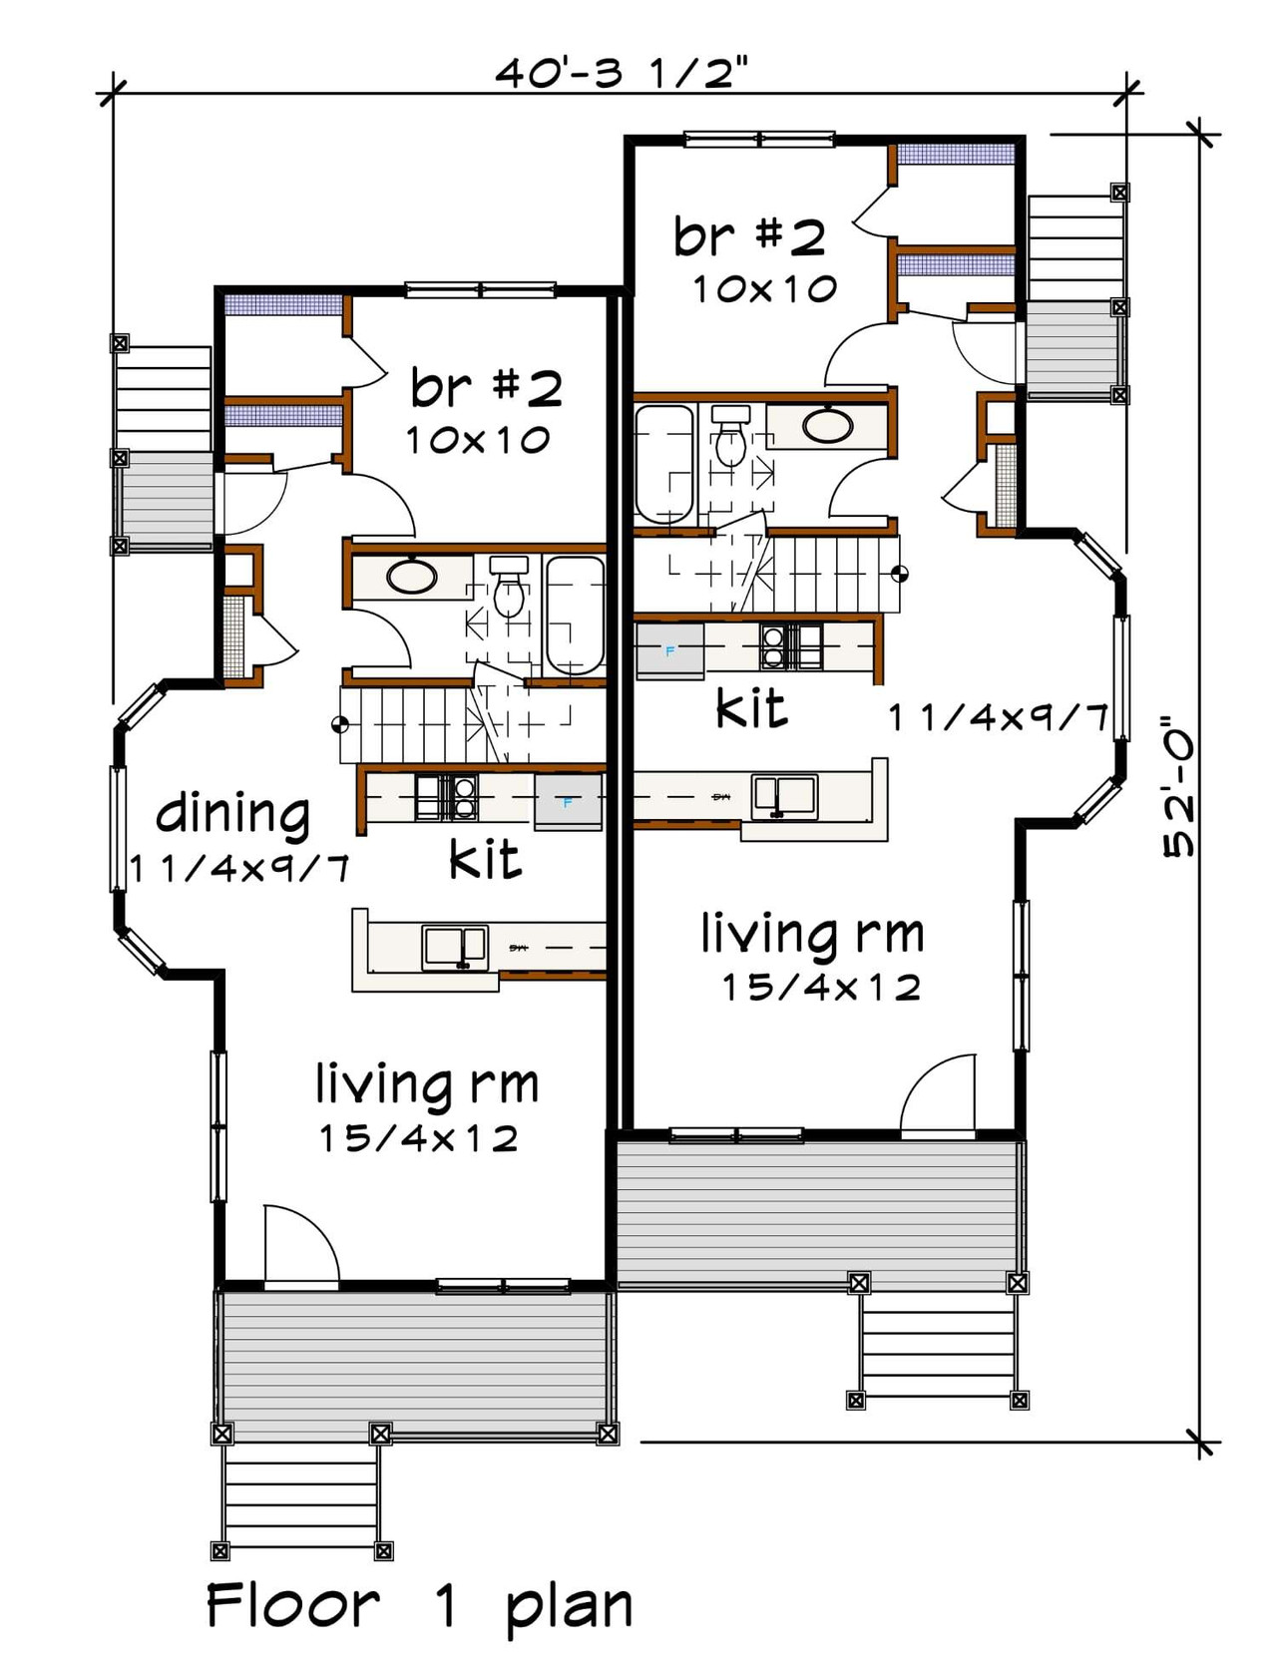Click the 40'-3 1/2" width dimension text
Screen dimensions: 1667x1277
click(x=621, y=73)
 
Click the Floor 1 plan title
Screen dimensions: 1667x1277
click(x=419, y=1607)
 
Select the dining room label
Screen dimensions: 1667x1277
click(x=232, y=813)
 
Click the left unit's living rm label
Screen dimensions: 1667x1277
click(x=427, y=1084)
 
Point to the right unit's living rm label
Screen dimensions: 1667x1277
click(x=812, y=935)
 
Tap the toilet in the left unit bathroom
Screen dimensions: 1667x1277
click(x=509, y=590)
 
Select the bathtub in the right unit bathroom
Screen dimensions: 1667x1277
click(x=664, y=463)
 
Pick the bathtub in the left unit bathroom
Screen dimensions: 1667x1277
click(x=575, y=615)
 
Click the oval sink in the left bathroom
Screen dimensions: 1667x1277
click(x=411, y=578)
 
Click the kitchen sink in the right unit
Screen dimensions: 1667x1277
click(x=784, y=796)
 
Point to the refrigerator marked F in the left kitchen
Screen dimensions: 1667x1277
click(x=568, y=801)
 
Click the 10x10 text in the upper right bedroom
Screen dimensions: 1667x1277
click(x=764, y=289)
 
